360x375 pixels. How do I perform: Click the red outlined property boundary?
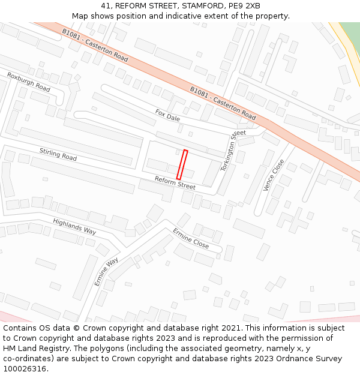[182, 164]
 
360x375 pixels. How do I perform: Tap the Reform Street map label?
[175, 183]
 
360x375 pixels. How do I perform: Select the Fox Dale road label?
[167, 115]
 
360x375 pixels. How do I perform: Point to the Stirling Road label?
[58, 154]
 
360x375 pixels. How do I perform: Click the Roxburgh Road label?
[29, 82]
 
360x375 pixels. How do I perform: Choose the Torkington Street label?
[233, 151]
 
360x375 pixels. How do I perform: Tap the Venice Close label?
[274, 175]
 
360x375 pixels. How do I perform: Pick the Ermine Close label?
[191, 238]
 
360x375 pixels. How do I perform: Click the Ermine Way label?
[106, 272]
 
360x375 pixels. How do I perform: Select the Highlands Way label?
[74, 226]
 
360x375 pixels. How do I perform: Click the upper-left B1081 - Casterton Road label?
[95, 46]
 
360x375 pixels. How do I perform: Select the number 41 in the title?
[106, 6]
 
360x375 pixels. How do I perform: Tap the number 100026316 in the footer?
[25, 369]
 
